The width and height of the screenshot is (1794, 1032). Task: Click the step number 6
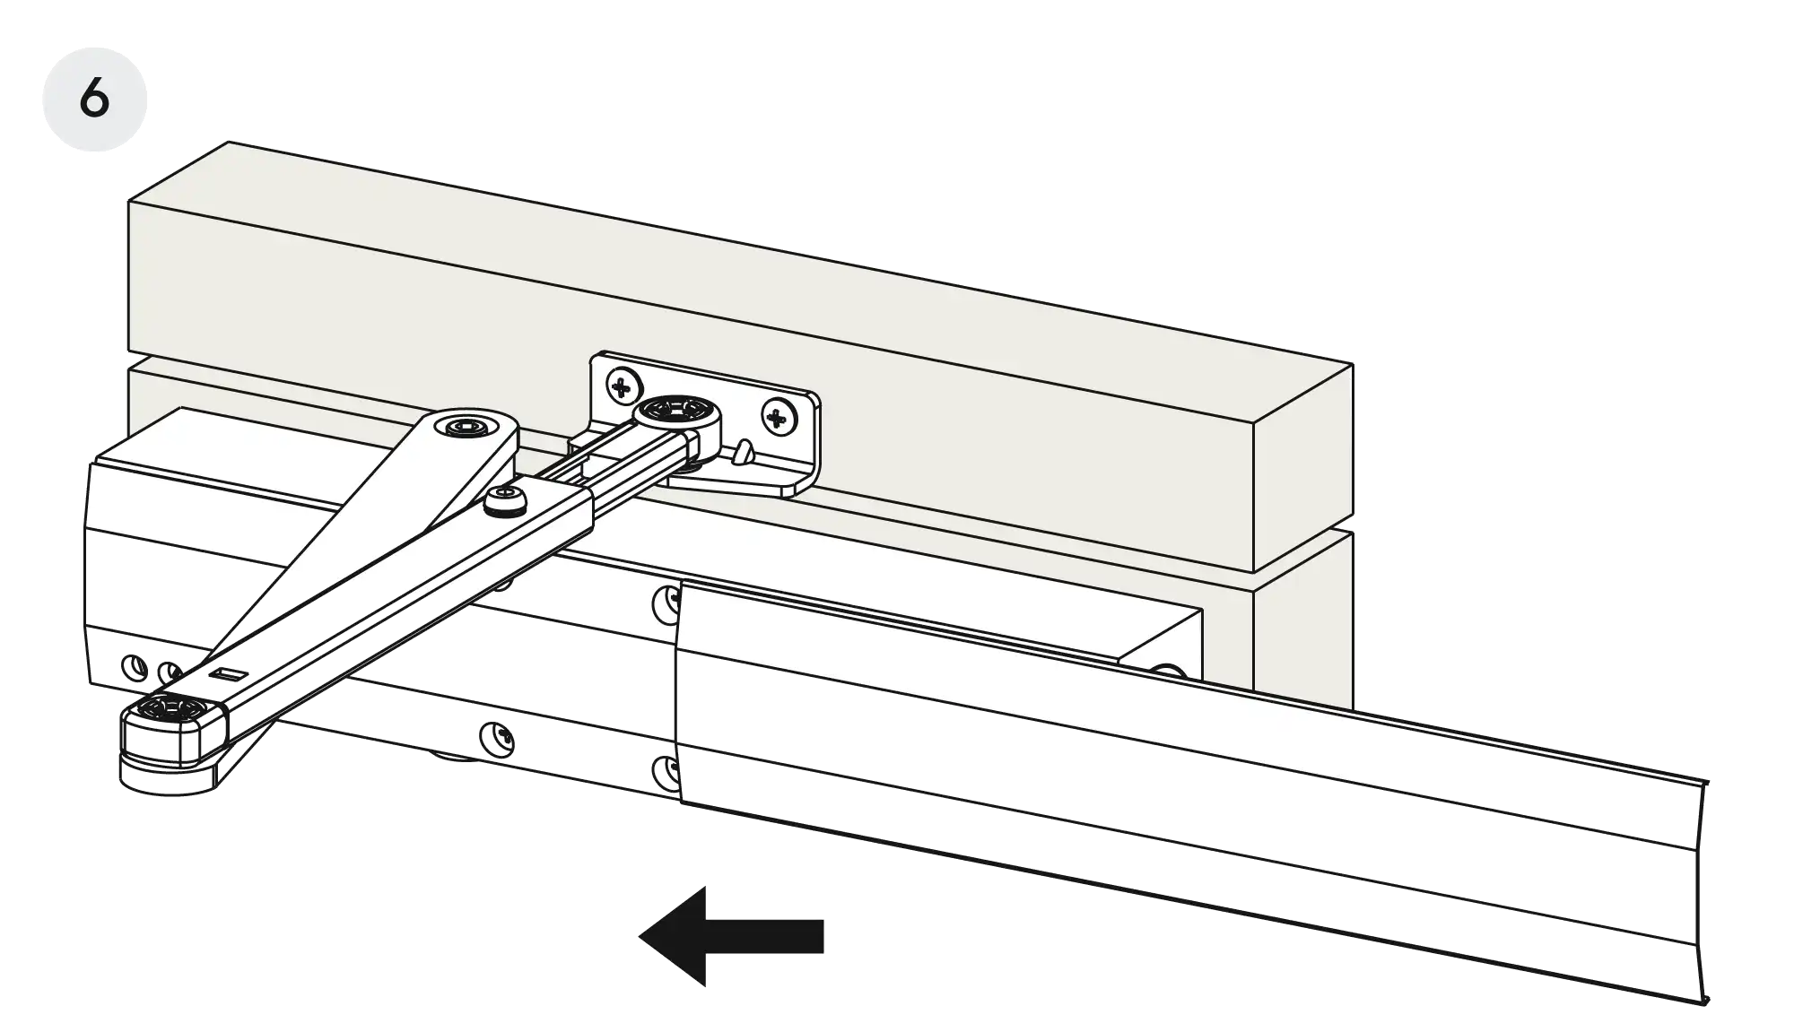(x=95, y=98)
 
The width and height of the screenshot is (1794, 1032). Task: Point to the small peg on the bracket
(x=740, y=452)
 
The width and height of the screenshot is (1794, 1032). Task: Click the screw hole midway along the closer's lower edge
(x=495, y=739)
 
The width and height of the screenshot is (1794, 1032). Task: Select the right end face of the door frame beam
(x=1302, y=466)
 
